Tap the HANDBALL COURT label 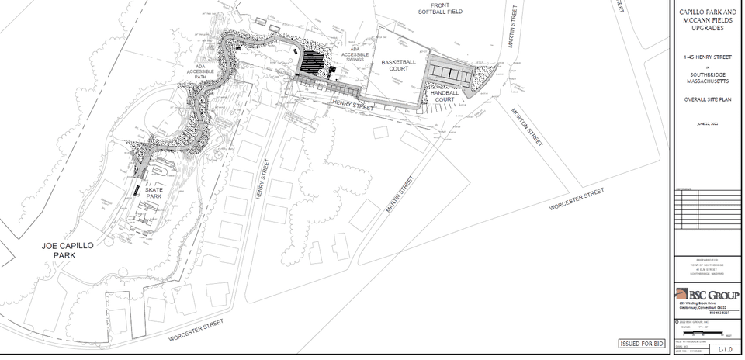(445, 96)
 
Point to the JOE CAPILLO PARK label (68, 249)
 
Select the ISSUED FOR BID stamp (641, 343)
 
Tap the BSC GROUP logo (707, 295)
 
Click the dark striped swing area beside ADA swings (314, 62)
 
